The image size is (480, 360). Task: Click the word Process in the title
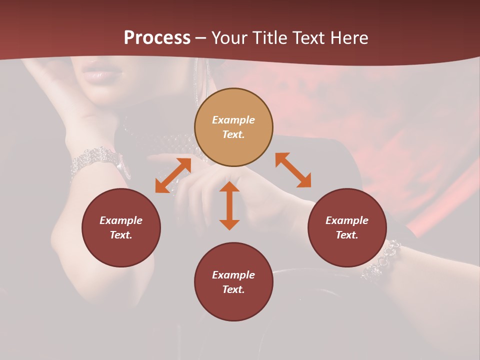click(x=157, y=38)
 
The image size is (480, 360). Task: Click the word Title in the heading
click(x=268, y=38)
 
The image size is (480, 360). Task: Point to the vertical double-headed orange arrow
click(x=229, y=205)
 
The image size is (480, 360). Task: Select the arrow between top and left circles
click(x=173, y=175)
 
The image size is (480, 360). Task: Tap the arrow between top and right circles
click(x=293, y=170)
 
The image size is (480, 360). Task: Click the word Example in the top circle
click(x=233, y=120)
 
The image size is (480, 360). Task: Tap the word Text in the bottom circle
click(x=233, y=289)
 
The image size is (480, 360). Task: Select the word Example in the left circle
click(x=121, y=220)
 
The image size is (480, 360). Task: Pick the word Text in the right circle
click(x=347, y=235)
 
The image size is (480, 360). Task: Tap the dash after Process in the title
click(x=200, y=38)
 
